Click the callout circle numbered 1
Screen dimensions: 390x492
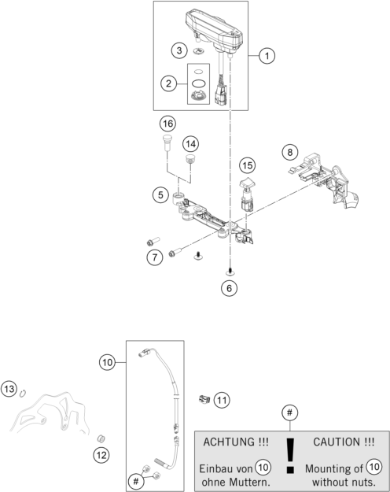(x=267, y=56)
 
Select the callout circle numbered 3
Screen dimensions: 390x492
(x=179, y=50)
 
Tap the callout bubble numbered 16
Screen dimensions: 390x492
(x=167, y=124)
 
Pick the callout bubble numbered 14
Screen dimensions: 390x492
(x=190, y=144)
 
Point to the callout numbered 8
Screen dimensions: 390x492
(x=290, y=152)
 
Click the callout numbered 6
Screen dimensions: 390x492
(x=229, y=288)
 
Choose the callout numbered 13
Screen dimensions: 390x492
(x=9, y=389)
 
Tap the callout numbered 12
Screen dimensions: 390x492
(x=101, y=455)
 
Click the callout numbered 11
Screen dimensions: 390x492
(x=222, y=400)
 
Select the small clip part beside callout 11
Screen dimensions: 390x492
(x=204, y=399)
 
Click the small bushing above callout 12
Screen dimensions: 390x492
(x=101, y=438)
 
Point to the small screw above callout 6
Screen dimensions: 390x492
(x=230, y=272)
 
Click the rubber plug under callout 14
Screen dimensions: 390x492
(x=189, y=159)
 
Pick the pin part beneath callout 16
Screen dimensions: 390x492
(x=167, y=142)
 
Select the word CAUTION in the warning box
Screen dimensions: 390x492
(x=337, y=442)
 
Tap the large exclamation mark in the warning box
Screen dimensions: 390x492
(x=291, y=455)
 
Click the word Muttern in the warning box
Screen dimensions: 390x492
(x=249, y=482)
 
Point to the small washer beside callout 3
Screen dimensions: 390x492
(x=198, y=50)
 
